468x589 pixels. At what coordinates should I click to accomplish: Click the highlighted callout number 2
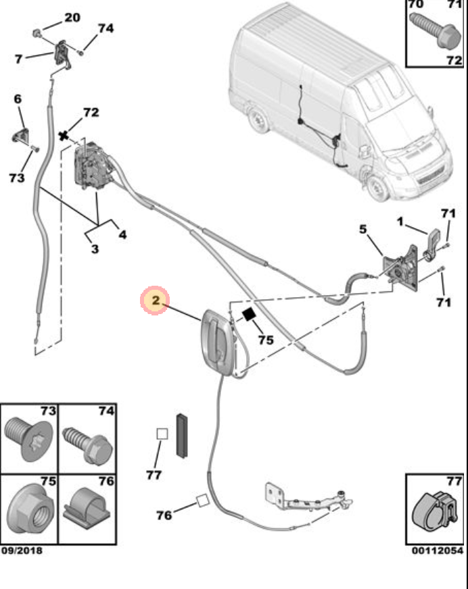coord(155,301)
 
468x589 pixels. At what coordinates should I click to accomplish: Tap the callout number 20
coord(72,18)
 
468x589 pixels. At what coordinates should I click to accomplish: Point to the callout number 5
coord(363,230)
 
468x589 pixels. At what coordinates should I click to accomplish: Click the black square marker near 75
coord(250,313)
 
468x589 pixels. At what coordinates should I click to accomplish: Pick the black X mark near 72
coord(64,136)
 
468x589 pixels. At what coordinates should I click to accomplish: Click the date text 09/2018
coord(22,551)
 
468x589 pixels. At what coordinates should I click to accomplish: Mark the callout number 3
coord(95,249)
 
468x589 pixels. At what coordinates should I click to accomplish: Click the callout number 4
coord(122,234)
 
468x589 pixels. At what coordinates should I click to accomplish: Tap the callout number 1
coord(400,221)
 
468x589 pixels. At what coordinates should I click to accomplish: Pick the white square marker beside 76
coord(201,501)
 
